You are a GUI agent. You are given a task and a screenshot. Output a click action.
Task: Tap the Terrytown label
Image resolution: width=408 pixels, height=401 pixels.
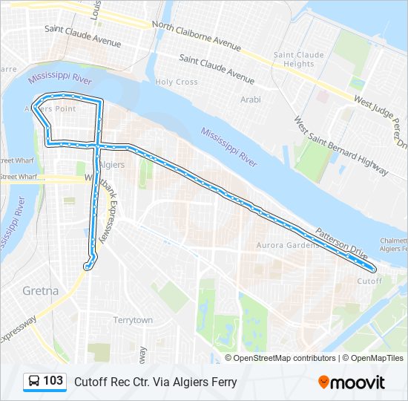click(132, 320)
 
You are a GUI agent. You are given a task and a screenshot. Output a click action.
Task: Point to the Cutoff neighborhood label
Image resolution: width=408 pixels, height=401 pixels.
click(369, 281)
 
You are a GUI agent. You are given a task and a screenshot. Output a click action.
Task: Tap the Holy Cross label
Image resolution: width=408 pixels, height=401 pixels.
click(176, 82)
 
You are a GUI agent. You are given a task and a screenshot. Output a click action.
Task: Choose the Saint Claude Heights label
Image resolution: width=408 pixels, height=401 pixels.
click(299, 59)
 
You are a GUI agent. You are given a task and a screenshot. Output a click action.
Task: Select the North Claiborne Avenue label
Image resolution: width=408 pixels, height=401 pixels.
click(197, 35)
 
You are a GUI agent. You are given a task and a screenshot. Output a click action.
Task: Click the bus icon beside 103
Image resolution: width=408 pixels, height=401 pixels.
click(34, 382)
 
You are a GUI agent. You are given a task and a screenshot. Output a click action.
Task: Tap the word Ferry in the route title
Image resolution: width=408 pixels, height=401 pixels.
click(223, 382)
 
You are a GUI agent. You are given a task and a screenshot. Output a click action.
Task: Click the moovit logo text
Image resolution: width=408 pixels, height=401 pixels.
click(358, 382)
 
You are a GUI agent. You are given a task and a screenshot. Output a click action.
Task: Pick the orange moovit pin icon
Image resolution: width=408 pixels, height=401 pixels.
click(323, 382)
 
